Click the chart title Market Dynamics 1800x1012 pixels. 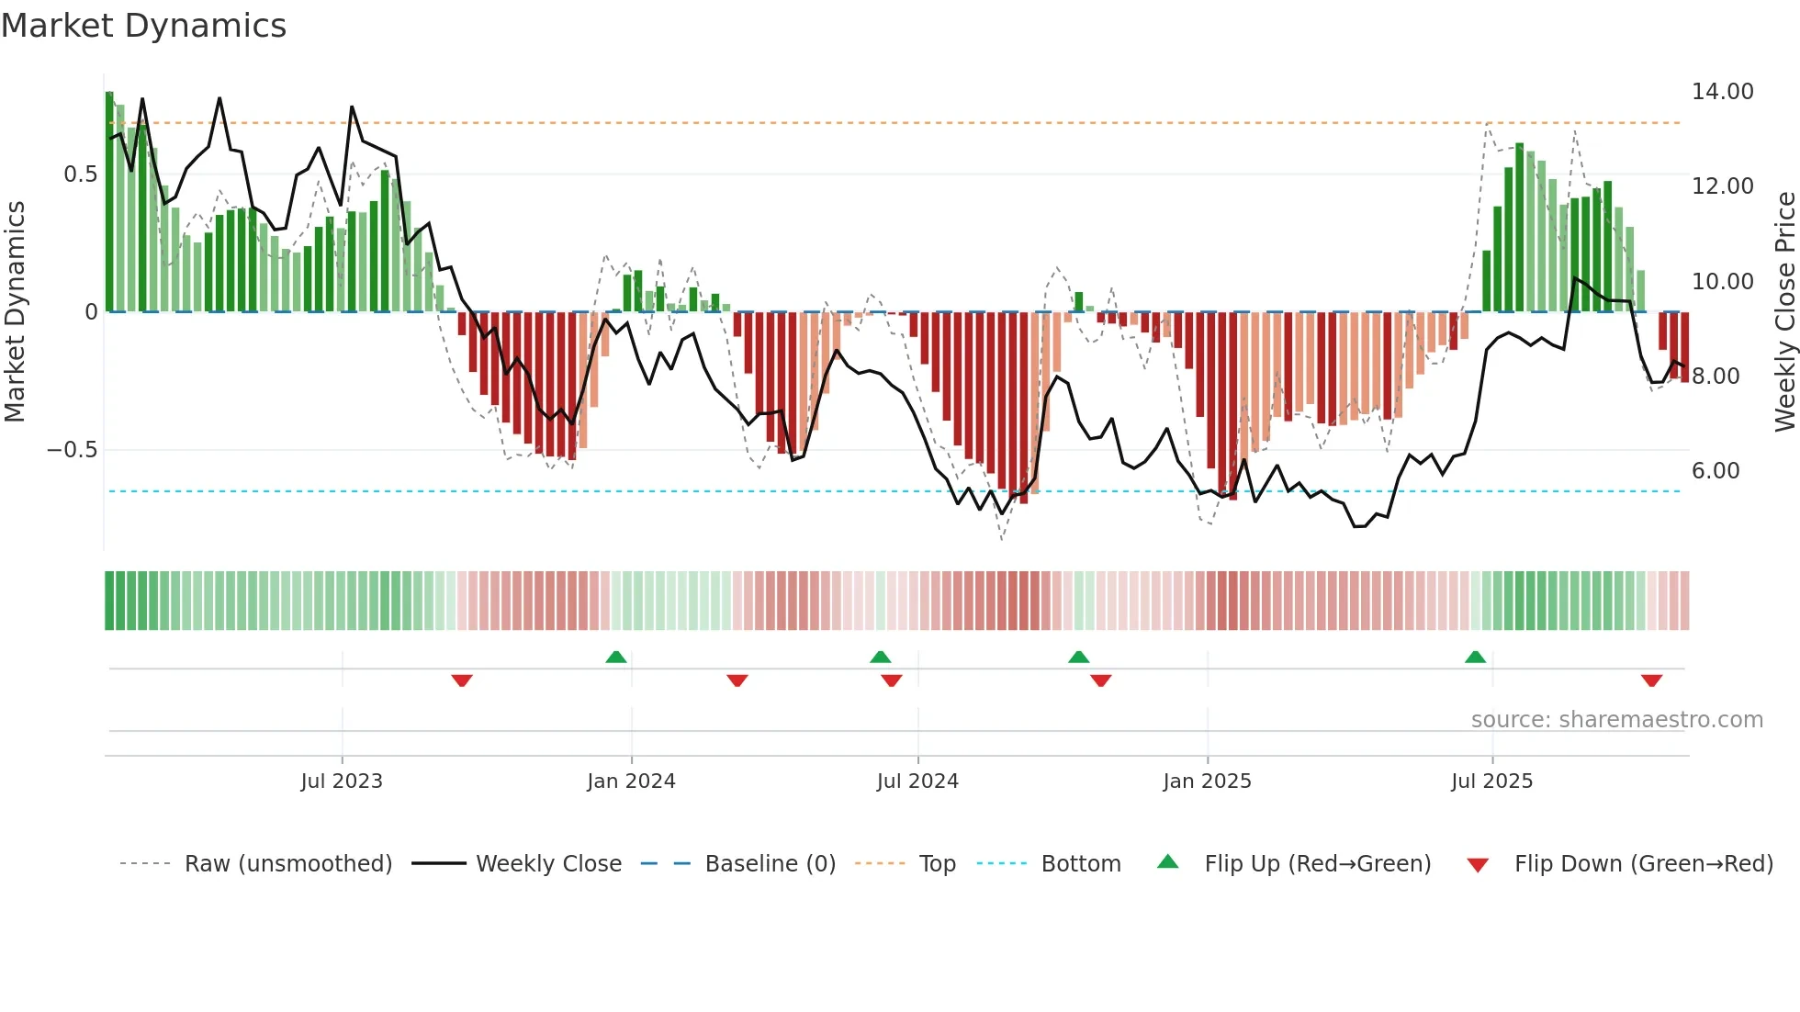(x=143, y=26)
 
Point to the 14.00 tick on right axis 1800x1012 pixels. (x=1722, y=92)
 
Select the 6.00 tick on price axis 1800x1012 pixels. (x=1716, y=471)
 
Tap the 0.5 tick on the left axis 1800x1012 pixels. (x=80, y=174)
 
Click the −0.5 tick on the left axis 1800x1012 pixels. (x=73, y=450)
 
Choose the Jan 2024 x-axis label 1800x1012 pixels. (x=631, y=781)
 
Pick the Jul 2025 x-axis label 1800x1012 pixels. (x=1491, y=781)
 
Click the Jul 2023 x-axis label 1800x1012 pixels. (x=342, y=781)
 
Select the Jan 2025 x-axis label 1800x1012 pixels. (x=1207, y=781)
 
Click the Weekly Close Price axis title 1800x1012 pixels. (x=1784, y=312)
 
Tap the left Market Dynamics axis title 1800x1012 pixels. (x=15, y=312)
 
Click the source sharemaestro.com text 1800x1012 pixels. (x=1616, y=720)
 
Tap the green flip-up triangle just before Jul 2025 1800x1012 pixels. (x=1475, y=658)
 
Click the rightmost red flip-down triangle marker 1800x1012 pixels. (x=1651, y=680)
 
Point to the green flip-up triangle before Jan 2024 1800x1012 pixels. (x=616, y=658)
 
